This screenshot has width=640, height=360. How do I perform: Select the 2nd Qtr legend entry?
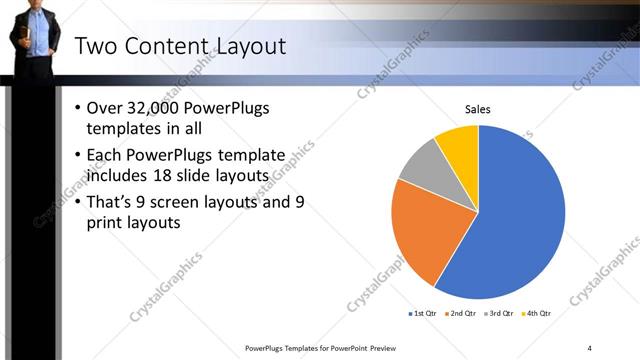(x=459, y=314)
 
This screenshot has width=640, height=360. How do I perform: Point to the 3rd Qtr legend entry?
(x=498, y=314)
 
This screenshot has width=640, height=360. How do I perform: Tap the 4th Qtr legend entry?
(x=537, y=314)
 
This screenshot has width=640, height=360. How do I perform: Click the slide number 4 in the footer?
(x=590, y=348)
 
